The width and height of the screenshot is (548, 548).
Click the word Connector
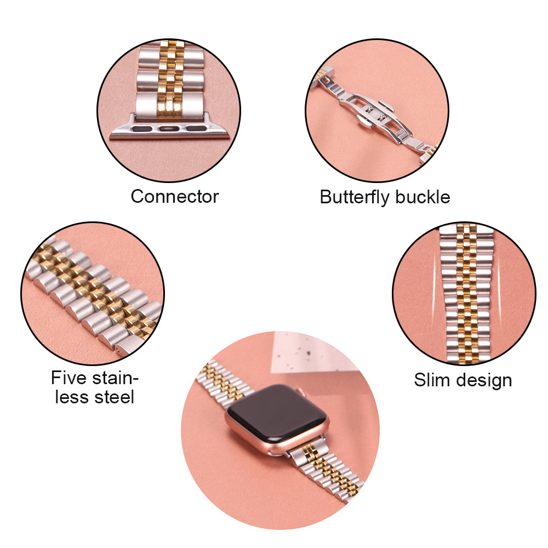coord(175,196)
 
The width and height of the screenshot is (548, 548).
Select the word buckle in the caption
coord(423,197)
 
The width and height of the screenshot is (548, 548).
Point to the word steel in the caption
coord(115,397)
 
